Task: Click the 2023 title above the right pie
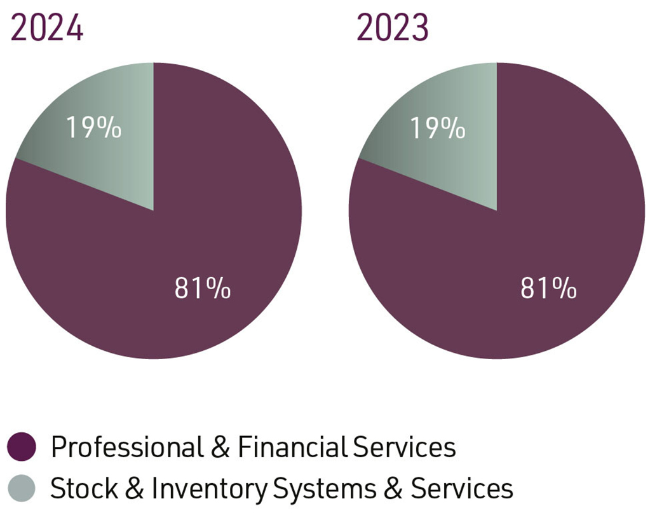pos(393,28)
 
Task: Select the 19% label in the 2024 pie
pos(94,129)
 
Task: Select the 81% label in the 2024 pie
pos(203,289)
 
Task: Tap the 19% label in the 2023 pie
pos(437,129)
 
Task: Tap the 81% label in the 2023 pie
pos(548,289)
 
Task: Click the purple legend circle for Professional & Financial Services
pos(24,447)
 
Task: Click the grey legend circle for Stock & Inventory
pos(24,489)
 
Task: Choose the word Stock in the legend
pos(79,489)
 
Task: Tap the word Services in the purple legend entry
pos(404,447)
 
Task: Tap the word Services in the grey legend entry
pos(461,489)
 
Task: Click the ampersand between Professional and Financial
pos(219,447)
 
